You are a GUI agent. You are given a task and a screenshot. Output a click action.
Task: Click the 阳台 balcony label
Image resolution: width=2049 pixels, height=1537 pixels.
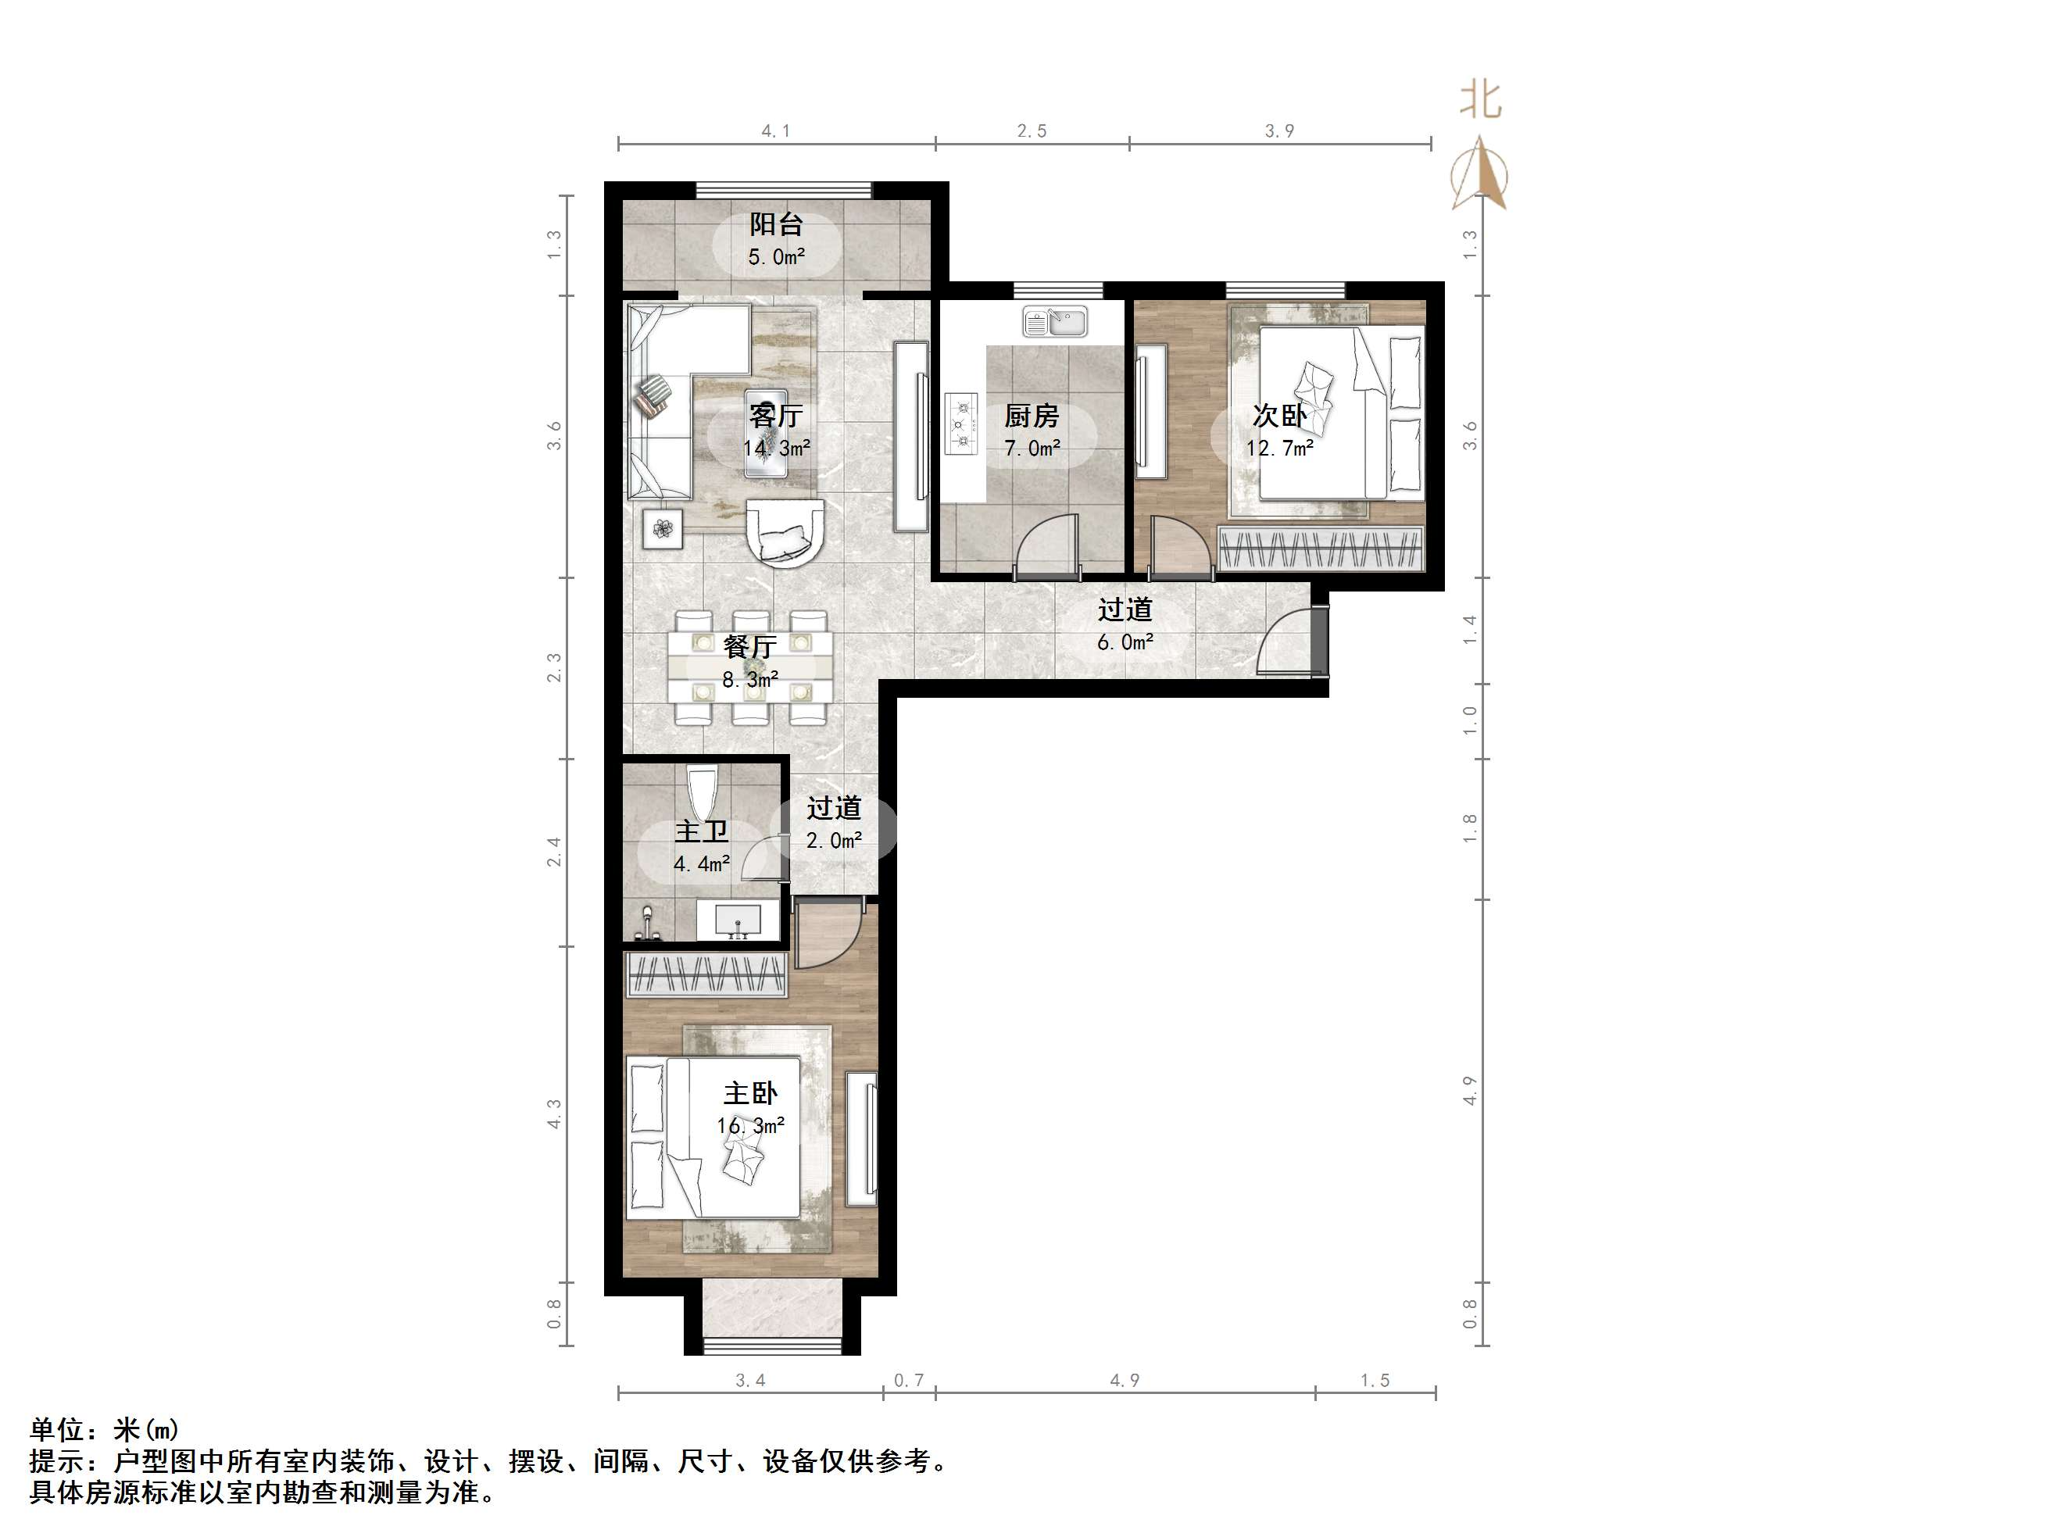pos(776,224)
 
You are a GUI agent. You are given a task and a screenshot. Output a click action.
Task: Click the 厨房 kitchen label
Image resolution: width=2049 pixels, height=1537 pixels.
pos(1032,416)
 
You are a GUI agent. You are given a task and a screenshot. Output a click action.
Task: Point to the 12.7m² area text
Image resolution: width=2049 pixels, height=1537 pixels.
pos(1279,449)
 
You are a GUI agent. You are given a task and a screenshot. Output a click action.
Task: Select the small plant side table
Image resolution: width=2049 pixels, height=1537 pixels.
pos(663,529)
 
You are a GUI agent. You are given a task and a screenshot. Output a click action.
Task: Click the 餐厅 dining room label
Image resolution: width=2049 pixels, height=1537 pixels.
pos(749,645)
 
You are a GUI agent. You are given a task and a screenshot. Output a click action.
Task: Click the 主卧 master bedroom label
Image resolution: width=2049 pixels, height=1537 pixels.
pos(750,1093)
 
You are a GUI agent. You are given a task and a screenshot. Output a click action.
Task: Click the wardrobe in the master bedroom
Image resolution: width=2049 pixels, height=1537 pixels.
pos(708,974)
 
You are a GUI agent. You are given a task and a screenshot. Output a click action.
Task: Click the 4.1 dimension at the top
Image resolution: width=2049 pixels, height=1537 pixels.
pos(776,130)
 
